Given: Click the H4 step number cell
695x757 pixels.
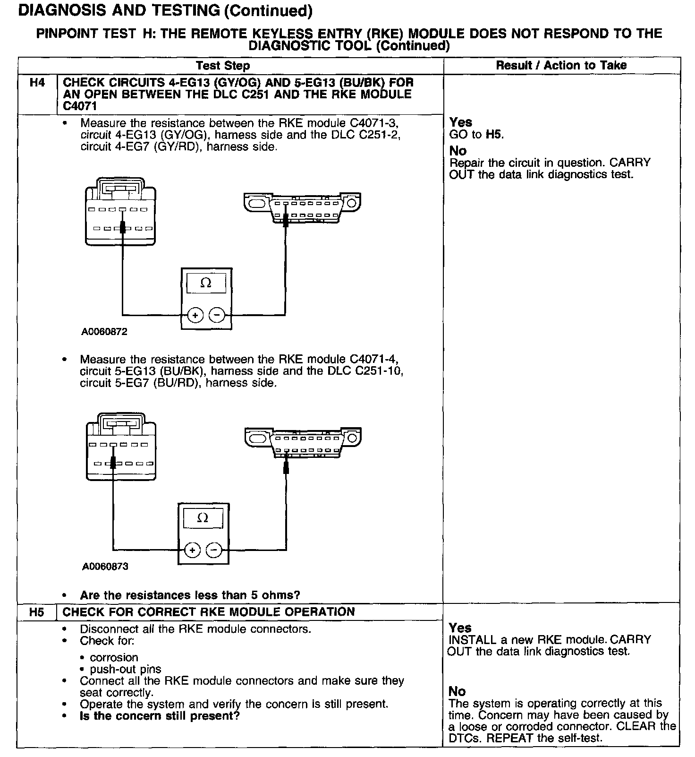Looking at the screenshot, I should [x=37, y=83].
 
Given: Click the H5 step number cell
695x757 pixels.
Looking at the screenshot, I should [x=36, y=612].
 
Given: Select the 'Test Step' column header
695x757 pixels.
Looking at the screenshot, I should [x=223, y=66].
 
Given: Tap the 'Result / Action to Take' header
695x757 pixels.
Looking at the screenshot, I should [x=561, y=65].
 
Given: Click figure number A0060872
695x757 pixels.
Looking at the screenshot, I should [x=104, y=332].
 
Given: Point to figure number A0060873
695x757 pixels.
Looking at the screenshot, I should [x=105, y=566].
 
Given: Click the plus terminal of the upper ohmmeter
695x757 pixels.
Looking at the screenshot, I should [x=195, y=315].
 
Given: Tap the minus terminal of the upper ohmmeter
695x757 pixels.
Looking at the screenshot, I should [x=217, y=315].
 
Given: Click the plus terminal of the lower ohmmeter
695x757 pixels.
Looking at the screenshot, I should [x=192, y=550].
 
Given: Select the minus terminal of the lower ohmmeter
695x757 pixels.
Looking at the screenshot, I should [x=213, y=550].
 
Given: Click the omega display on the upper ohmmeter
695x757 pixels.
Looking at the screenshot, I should [x=206, y=283].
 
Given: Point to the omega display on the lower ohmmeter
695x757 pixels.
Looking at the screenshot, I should [x=203, y=518].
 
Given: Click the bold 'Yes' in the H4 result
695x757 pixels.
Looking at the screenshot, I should [x=460, y=122].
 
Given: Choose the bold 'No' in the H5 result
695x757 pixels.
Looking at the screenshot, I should [x=457, y=691].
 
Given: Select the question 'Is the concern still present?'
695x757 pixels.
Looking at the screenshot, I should [x=160, y=715].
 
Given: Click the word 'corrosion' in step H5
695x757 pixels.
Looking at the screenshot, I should [x=114, y=657].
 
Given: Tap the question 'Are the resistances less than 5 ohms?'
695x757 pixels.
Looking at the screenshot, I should [x=190, y=595].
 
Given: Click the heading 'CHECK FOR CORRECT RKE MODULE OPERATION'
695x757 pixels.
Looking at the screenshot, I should [x=209, y=612].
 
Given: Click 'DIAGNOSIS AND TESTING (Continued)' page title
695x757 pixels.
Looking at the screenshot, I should [x=165, y=10].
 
